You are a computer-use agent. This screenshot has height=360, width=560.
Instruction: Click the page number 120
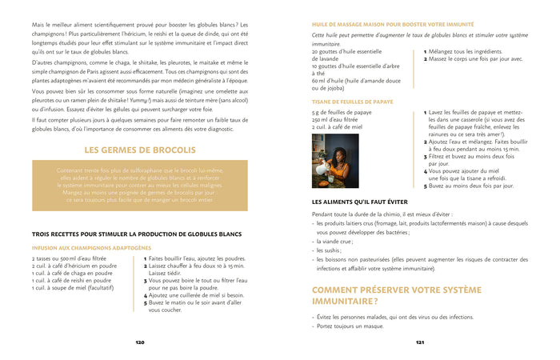pos(139,342)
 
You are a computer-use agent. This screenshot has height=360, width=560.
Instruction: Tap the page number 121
pos(419,342)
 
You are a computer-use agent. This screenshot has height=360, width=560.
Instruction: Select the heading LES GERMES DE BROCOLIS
pos(139,150)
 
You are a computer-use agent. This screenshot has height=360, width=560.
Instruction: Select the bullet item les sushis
pos(328,250)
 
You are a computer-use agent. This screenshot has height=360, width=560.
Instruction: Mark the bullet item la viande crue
pos(334,240)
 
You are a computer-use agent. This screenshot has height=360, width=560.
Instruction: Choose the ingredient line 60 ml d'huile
pos(356,80)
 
